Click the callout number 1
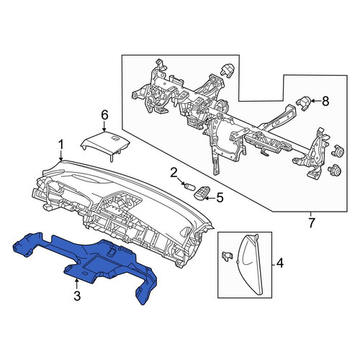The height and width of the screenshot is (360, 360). [61, 145]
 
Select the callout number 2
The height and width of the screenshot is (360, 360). [174, 174]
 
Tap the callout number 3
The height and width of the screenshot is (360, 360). [77, 296]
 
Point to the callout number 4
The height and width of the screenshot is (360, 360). [280, 263]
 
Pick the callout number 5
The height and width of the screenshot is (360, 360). [220, 197]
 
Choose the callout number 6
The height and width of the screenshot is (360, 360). [104, 115]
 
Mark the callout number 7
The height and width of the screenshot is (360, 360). [311, 223]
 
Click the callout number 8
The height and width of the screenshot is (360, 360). [325, 102]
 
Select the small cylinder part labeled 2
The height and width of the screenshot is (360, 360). [189, 186]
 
